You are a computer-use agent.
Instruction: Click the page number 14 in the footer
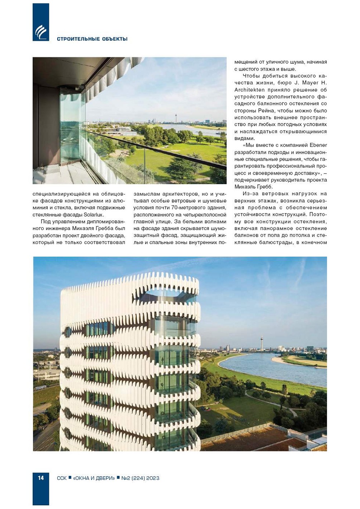point(40,478)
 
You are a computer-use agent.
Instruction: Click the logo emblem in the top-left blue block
point(41,32)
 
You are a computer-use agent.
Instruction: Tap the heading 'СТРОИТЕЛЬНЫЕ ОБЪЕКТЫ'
point(92,39)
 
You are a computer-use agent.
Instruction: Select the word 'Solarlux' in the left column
point(94,215)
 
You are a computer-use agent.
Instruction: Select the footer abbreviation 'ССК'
point(62,478)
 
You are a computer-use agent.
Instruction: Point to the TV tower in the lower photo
point(262,342)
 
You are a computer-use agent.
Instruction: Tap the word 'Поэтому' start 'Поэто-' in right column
point(318,214)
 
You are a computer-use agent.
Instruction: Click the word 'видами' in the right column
point(244,139)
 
